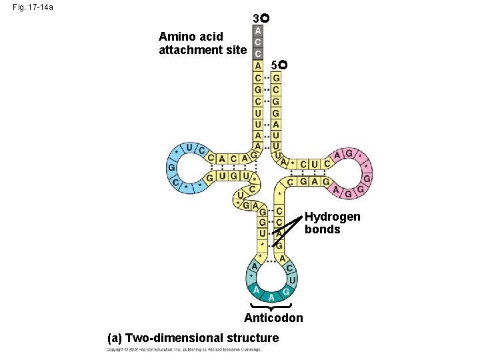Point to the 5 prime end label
(x=279, y=65)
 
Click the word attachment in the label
(x=189, y=49)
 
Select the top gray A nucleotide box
(x=258, y=30)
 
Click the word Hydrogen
(x=332, y=217)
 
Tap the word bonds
(x=322, y=229)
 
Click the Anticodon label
(x=273, y=318)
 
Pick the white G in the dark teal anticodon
(x=285, y=291)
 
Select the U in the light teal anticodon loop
(x=292, y=281)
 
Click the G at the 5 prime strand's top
(x=276, y=78)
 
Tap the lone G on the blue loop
(x=171, y=167)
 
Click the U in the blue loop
(x=190, y=147)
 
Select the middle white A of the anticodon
(x=271, y=296)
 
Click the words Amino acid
(x=195, y=36)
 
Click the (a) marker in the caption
(x=115, y=338)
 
